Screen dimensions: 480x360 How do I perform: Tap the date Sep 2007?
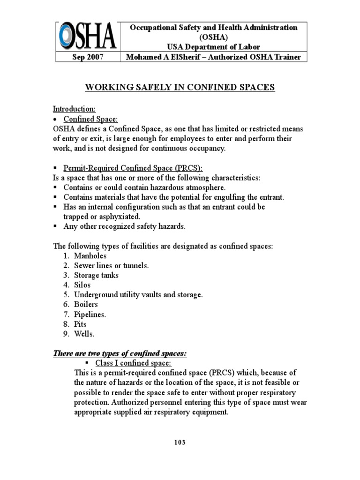[x=87, y=57]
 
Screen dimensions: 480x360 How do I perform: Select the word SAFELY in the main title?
[x=142, y=87]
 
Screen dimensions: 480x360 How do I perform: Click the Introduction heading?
[x=75, y=109]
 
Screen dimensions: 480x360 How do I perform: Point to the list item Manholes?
[x=90, y=256]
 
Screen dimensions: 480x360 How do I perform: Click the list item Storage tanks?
[x=96, y=275]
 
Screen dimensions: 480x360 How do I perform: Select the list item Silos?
[x=82, y=285]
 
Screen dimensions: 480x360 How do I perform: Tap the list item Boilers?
[x=86, y=305]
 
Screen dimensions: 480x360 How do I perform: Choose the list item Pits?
[x=80, y=324]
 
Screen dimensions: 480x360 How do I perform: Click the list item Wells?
[x=84, y=334]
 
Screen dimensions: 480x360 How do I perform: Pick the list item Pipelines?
[x=90, y=315]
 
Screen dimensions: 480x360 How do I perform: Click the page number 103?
[x=180, y=442]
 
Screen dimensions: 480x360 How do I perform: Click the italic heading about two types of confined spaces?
[x=120, y=353]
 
